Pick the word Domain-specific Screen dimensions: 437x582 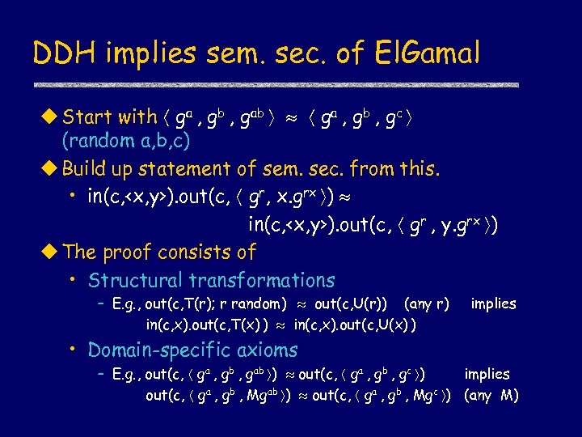coord(161,350)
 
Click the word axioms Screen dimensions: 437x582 coord(269,350)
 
